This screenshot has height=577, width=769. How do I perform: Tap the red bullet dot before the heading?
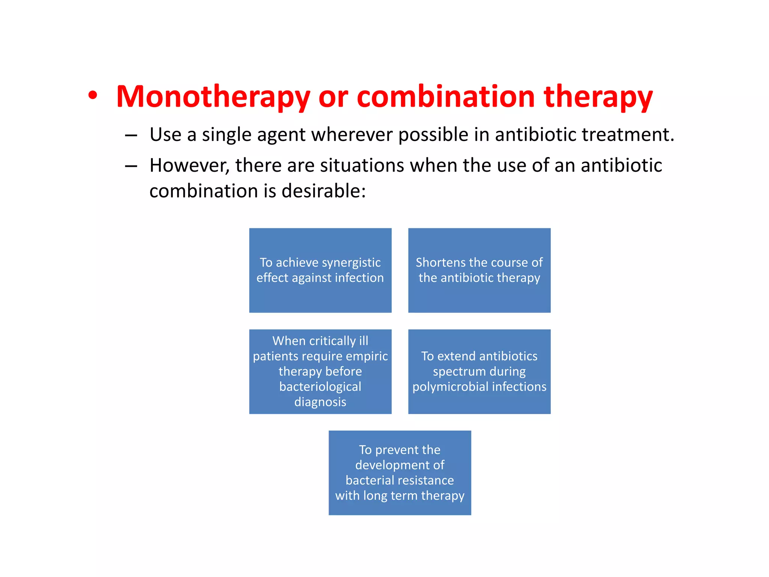[x=93, y=95]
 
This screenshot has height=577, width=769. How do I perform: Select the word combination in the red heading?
[x=445, y=97]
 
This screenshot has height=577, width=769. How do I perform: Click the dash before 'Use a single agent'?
[x=131, y=136]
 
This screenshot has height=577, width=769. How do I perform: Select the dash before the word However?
[x=131, y=166]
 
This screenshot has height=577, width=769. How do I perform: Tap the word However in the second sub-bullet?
[x=189, y=166]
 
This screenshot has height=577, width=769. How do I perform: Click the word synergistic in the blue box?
[x=351, y=262]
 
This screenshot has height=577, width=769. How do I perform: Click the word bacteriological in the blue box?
[x=320, y=387]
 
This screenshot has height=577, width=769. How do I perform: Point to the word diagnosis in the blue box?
[x=320, y=402]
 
